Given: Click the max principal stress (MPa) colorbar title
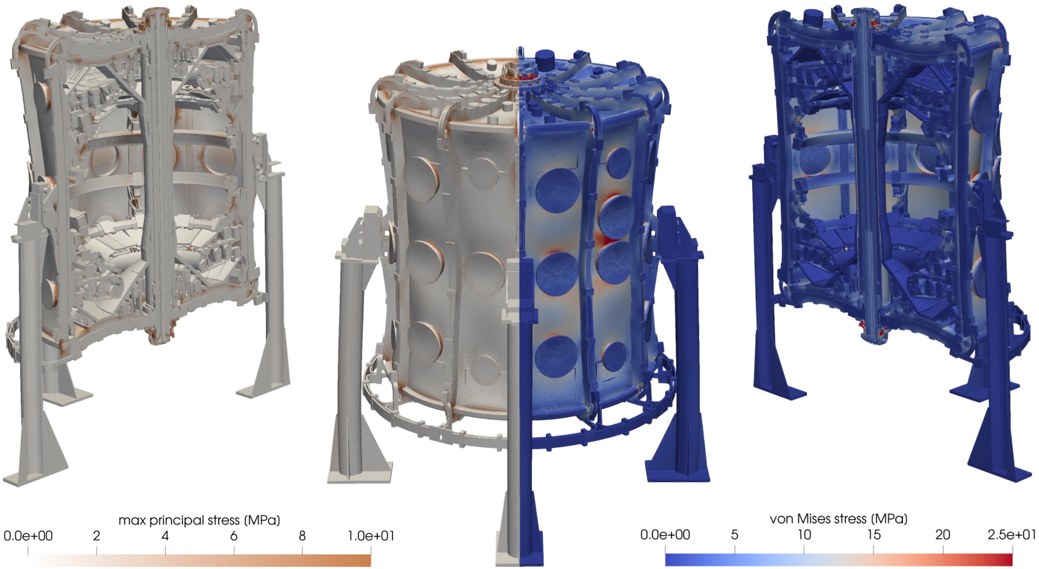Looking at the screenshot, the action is pyautogui.click(x=199, y=520).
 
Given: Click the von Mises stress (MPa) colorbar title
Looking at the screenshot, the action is pyautogui.click(x=838, y=519).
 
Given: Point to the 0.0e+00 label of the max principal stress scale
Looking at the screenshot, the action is pyautogui.click(x=28, y=536).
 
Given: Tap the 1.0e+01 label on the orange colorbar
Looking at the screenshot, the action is pyautogui.click(x=371, y=536).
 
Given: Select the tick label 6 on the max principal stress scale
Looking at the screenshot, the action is pyautogui.click(x=234, y=536).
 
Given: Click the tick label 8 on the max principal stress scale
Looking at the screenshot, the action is pyautogui.click(x=302, y=536).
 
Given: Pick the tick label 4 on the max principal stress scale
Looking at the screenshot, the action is pyautogui.click(x=165, y=536).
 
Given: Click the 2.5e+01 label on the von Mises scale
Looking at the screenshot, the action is pyautogui.click(x=1012, y=534).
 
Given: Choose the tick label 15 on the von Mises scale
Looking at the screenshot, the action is pyautogui.click(x=873, y=534).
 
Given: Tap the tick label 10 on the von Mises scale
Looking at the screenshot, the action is pyautogui.click(x=804, y=534).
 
